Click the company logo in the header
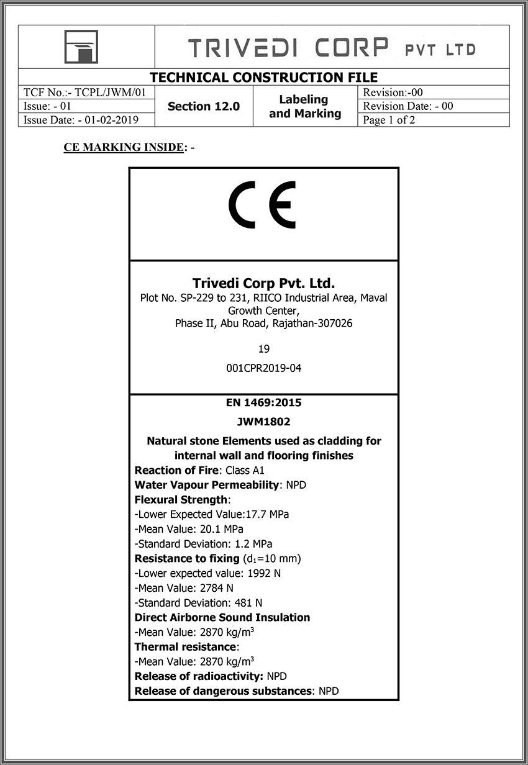pyautogui.click(x=80, y=47)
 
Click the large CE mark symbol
pyautogui.click(x=262, y=206)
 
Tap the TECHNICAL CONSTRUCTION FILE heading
pyautogui.click(x=263, y=78)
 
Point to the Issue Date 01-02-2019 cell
pyautogui.click(x=81, y=120)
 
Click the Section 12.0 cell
pyautogui.click(x=203, y=106)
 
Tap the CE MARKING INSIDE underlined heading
pyautogui.click(x=124, y=148)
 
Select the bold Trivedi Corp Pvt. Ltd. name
pyautogui.click(x=263, y=283)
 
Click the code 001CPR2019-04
pyautogui.click(x=263, y=368)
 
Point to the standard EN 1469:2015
pyautogui.click(x=263, y=402)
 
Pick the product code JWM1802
pyautogui.click(x=263, y=422)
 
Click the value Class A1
pyautogui.click(x=245, y=471)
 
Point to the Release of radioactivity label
pyautogui.click(x=199, y=676)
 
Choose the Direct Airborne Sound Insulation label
pyautogui.click(x=222, y=617)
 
